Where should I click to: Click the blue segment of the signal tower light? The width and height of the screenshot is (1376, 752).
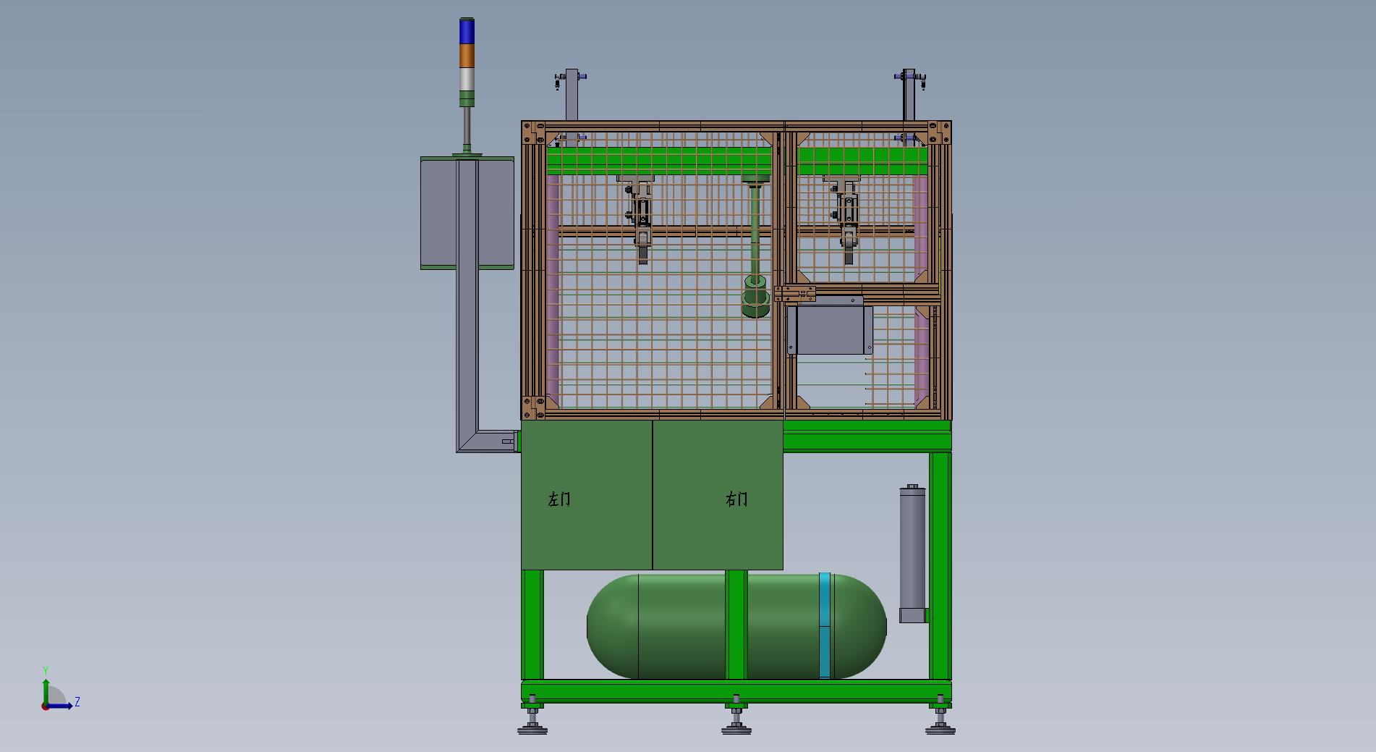pos(467,31)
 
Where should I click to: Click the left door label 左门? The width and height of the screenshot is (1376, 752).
pos(559,499)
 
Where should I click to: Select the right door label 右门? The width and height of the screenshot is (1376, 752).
pos(736,499)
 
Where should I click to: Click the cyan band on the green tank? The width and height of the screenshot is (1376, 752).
pos(825,626)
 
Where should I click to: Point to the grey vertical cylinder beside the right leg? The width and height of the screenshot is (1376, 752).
pos(912,554)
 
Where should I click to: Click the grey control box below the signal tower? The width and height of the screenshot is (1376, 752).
pos(467,213)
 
